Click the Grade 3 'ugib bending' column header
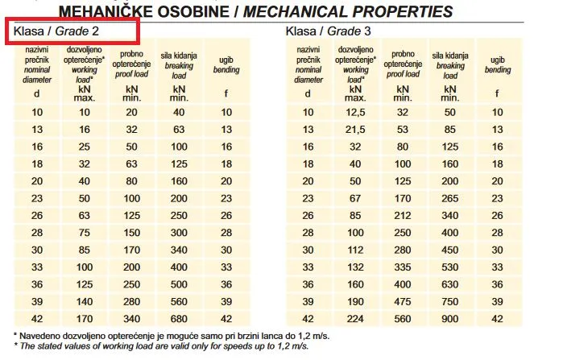pos(497,64)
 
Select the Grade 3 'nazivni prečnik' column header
pos(308,64)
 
